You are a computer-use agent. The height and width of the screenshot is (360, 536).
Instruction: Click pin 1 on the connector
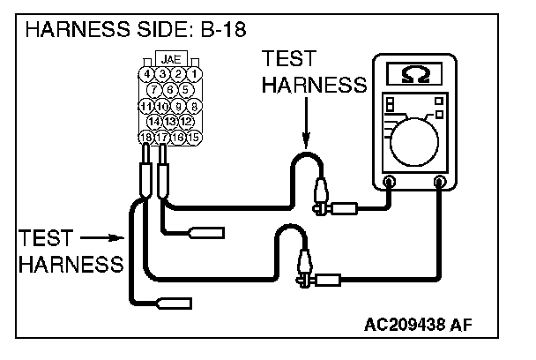[194, 74]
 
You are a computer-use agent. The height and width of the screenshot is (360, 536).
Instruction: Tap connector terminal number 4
[146, 74]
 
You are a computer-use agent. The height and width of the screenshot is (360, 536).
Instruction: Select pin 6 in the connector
[170, 89]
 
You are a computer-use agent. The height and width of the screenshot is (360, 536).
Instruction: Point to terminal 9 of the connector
[179, 105]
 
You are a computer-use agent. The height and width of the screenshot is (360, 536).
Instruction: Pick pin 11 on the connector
[146, 105]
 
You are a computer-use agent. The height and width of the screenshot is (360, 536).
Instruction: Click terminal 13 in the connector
[170, 120]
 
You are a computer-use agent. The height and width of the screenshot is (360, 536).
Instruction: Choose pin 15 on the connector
[195, 136]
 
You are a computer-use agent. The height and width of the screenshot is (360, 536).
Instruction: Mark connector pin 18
[146, 136]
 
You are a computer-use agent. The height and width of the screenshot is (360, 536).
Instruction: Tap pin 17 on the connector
[162, 136]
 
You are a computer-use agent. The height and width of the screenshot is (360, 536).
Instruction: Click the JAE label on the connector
[171, 60]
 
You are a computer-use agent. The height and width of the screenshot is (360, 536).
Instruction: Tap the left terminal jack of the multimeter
[390, 182]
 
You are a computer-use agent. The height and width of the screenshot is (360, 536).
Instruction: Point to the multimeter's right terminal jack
[440, 182]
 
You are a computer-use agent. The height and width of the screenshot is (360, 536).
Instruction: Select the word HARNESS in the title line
[75, 29]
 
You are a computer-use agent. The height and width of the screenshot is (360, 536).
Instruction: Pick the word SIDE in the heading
[157, 29]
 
